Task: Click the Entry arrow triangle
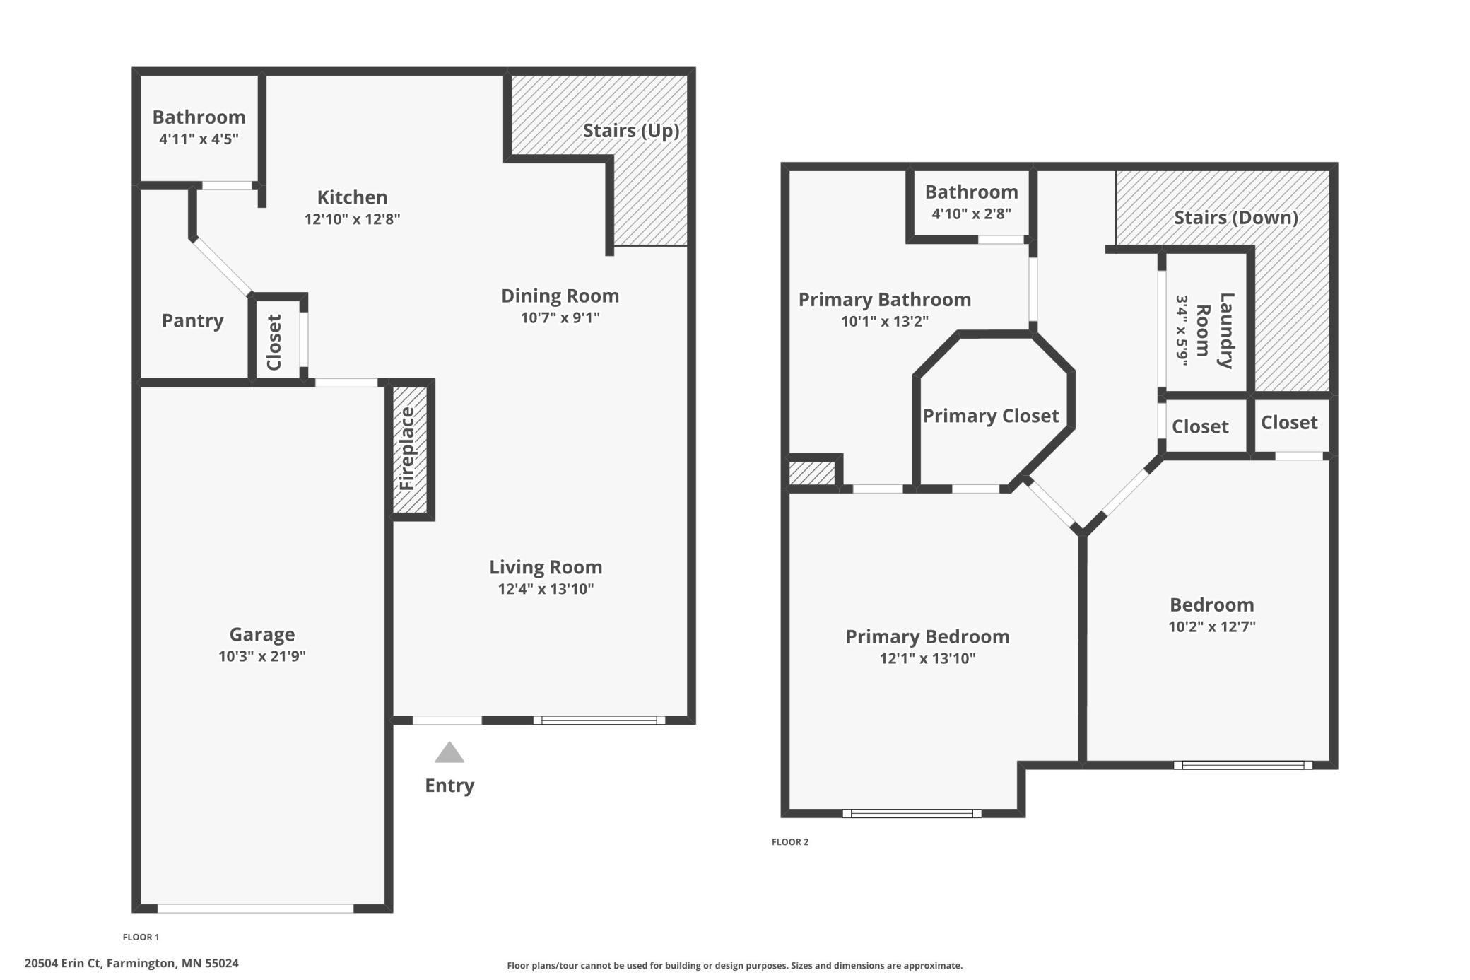(x=449, y=752)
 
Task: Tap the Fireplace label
(x=407, y=449)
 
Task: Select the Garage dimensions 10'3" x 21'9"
(x=262, y=656)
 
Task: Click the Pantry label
(x=193, y=320)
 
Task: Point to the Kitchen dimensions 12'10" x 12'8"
(x=353, y=219)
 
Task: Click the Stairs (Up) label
(x=631, y=131)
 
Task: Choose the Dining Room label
(x=560, y=296)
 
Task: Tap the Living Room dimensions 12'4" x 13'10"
(x=546, y=589)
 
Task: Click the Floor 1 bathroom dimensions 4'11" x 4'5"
(x=199, y=139)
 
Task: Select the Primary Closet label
(x=991, y=416)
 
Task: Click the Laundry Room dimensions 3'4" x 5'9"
(x=1182, y=330)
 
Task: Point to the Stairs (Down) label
(x=1236, y=218)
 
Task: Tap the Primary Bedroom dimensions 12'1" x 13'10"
(x=928, y=658)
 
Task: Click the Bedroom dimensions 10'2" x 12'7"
(x=1212, y=626)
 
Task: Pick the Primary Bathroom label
(x=885, y=300)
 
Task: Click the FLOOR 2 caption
(x=790, y=841)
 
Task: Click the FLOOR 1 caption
(x=141, y=937)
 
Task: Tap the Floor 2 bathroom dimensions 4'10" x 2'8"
(x=972, y=214)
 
